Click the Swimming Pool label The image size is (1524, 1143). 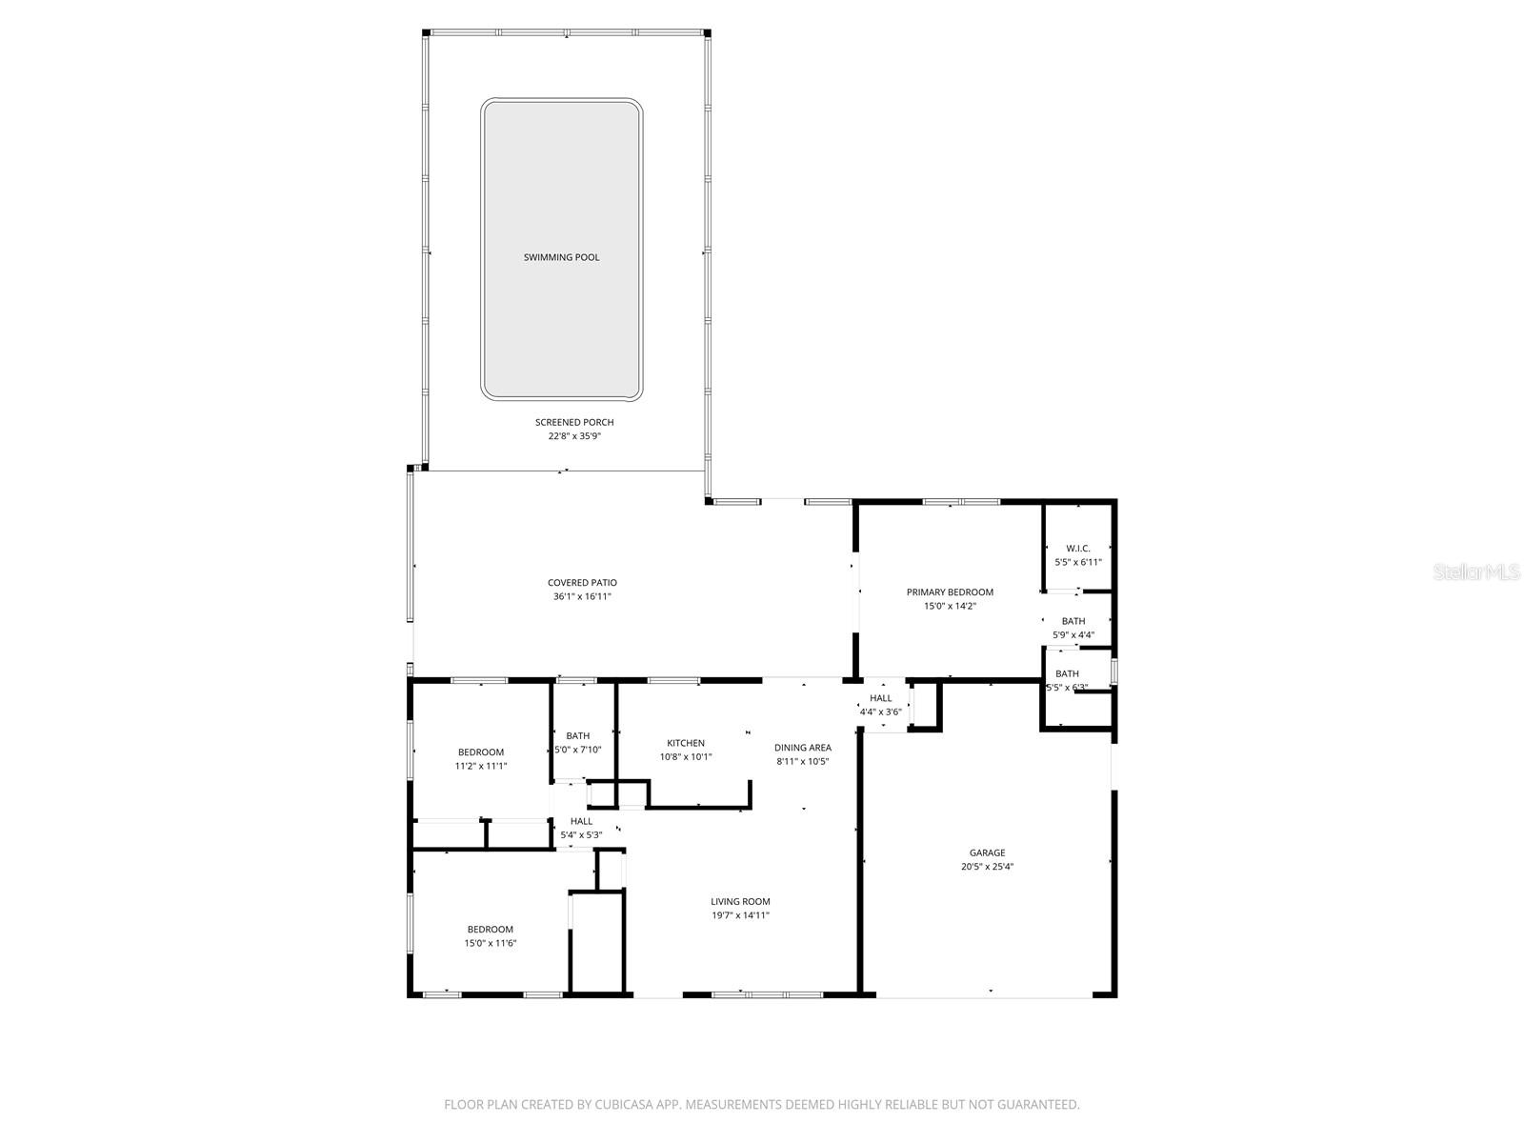coord(561,257)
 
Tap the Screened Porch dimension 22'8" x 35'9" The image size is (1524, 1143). coord(574,436)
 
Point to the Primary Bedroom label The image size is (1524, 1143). coord(950,592)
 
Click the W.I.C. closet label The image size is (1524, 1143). coord(1077,549)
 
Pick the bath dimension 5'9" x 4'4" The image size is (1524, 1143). coord(1073,635)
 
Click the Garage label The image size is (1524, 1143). coord(987,853)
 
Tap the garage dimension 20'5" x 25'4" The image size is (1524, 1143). coord(987,867)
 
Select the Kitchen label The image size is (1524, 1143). coord(686,744)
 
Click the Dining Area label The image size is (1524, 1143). coord(802,748)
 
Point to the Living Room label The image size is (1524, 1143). coord(740,902)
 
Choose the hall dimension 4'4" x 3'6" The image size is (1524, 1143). coord(881,712)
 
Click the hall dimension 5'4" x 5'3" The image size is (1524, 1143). coord(581,835)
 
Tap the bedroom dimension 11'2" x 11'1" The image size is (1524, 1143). coord(481,766)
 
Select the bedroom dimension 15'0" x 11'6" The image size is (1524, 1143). coord(491,943)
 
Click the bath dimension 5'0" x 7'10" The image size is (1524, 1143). coord(578,750)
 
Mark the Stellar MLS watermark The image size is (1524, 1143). coord(1476,572)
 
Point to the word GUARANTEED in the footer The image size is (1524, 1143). coord(1034,1105)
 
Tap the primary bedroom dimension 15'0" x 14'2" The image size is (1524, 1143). coord(950,606)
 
